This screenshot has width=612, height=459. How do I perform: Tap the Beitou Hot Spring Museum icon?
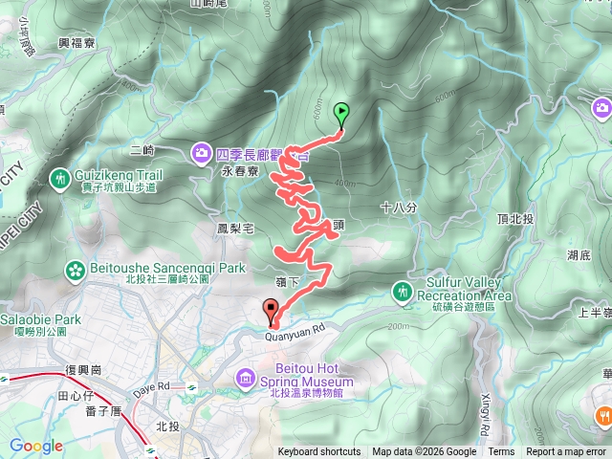(247, 379)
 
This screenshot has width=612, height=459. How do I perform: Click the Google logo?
(36, 446)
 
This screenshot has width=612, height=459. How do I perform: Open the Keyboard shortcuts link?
(319, 452)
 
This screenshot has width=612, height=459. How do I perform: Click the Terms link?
(501, 452)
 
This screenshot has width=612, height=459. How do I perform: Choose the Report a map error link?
(568, 452)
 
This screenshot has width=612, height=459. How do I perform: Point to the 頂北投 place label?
(542, 218)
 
